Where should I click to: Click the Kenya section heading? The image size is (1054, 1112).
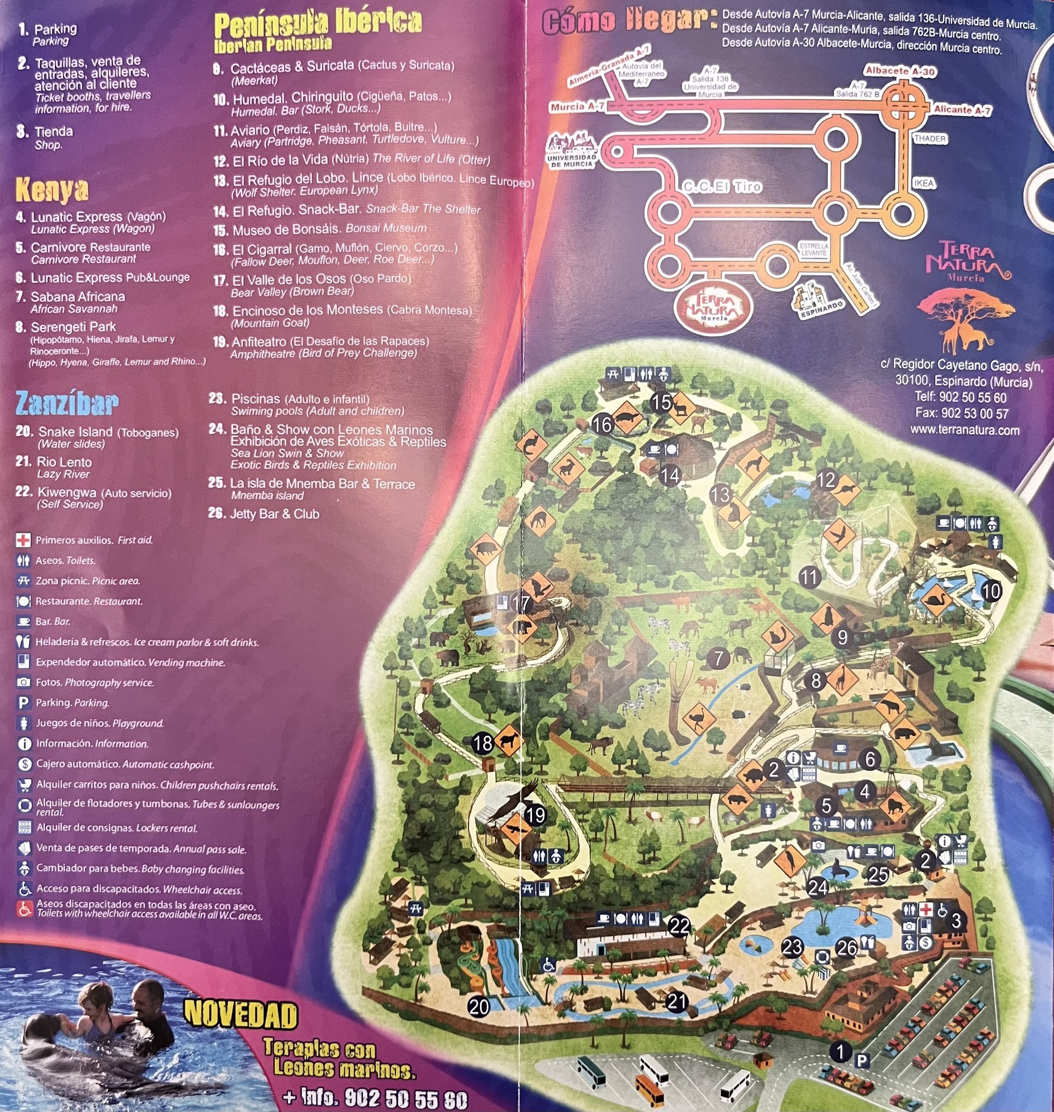tap(51, 190)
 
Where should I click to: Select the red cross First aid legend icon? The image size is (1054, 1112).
tap(23, 541)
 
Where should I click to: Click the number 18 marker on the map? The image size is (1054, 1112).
tap(483, 743)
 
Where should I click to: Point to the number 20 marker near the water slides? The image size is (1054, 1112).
tap(479, 1006)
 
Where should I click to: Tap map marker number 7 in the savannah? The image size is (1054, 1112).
tap(718, 658)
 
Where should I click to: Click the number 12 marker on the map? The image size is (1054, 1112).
tap(825, 480)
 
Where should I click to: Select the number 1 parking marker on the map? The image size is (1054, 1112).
tap(840, 1051)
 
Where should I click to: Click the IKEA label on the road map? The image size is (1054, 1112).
tap(923, 183)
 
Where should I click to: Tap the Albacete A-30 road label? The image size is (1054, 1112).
tap(900, 72)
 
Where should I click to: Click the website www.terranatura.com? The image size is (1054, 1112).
tap(964, 430)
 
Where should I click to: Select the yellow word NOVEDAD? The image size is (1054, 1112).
tap(240, 1015)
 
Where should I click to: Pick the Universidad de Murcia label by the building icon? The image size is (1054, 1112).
tap(571, 161)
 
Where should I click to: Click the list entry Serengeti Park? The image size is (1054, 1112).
tap(73, 327)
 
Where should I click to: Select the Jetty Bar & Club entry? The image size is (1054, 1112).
tap(274, 514)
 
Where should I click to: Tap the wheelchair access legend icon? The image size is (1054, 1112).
tap(24, 889)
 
